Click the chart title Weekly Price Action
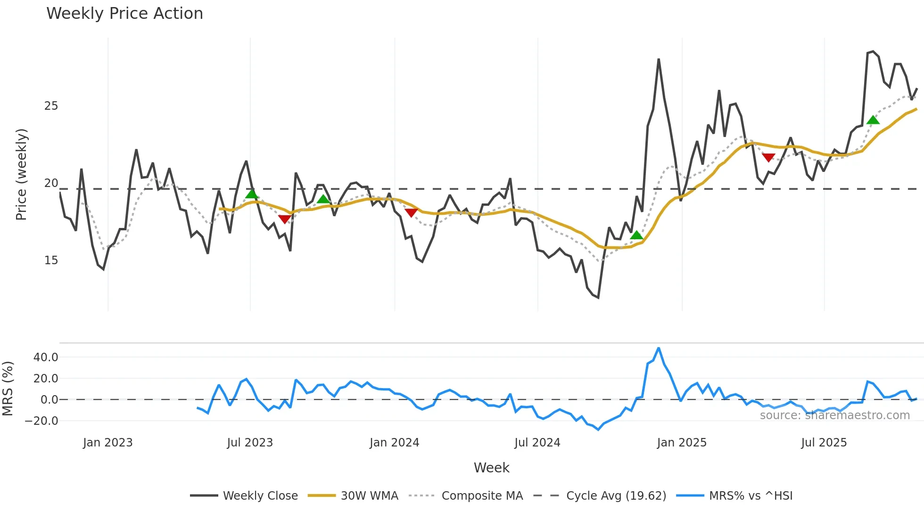point(124,14)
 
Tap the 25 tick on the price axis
point(51,106)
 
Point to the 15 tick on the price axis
point(51,260)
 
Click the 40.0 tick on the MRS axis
point(46,357)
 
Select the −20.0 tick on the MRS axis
point(42,421)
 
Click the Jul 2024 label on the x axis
point(537,443)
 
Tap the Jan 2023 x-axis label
point(107,443)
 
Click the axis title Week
point(491,468)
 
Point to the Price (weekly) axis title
point(21,174)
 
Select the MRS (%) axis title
point(8,389)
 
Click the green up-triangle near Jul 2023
point(252,194)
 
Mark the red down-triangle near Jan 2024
point(411,213)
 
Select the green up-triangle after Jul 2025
point(873,120)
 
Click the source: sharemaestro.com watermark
point(834,415)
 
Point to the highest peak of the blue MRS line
point(659,349)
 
